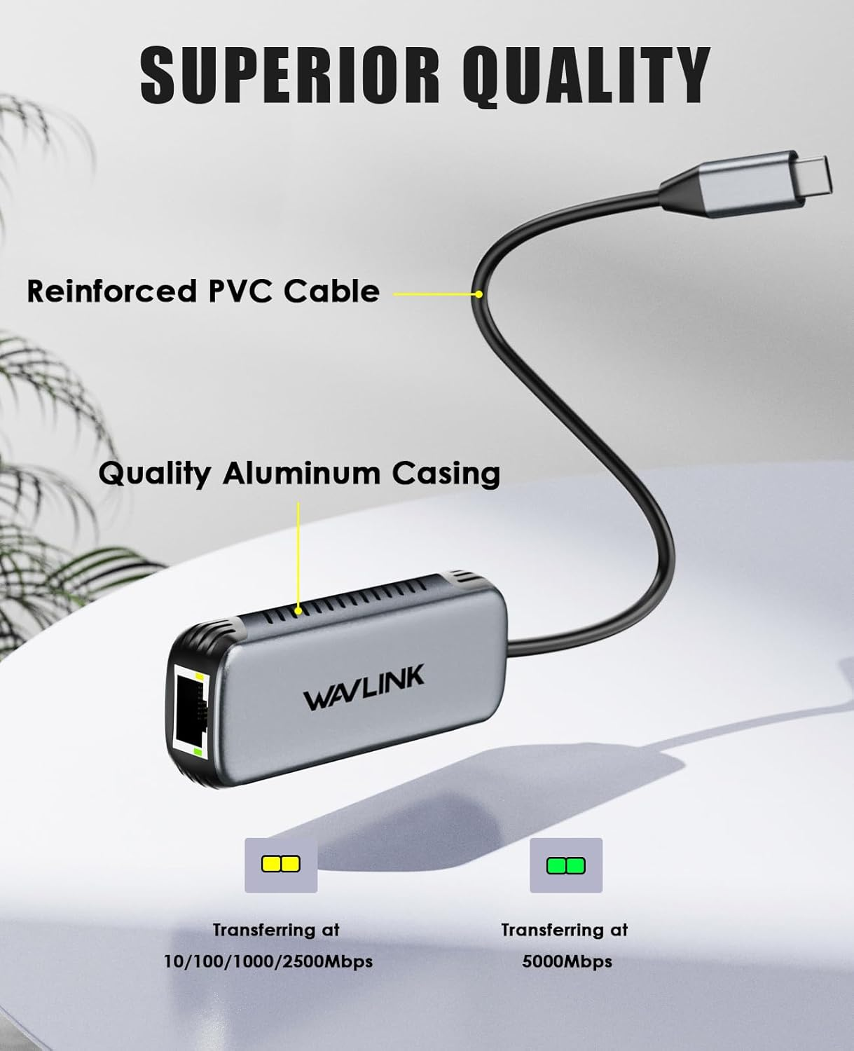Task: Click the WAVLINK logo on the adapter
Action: pos(364,689)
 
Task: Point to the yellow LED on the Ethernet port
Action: pos(202,678)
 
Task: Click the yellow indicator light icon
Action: pos(280,865)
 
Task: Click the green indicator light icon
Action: pos(565,865)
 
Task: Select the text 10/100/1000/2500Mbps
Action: pos(268,961)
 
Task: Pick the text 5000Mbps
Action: pos(567,961)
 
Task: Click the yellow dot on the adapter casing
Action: pos(299,611)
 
